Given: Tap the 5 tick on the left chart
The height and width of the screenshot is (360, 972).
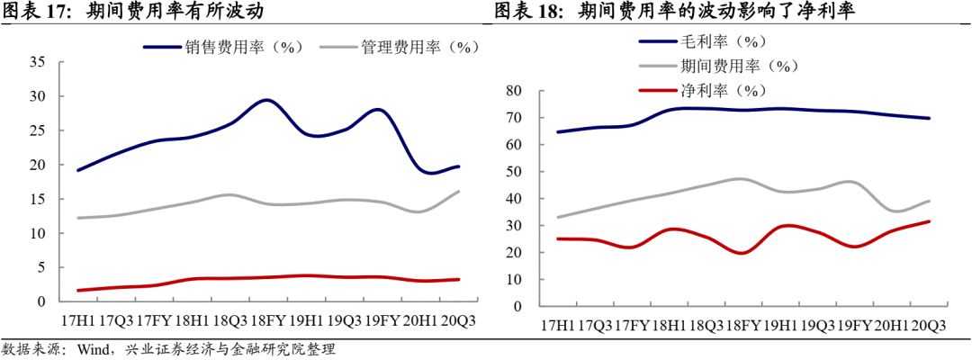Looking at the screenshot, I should click(40, 267).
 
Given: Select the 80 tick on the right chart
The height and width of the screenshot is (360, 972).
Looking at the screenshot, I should click(513, 91).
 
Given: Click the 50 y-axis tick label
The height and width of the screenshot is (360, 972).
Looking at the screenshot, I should click(513, 172).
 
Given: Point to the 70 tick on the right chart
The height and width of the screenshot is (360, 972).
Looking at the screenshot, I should click(513, 118).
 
